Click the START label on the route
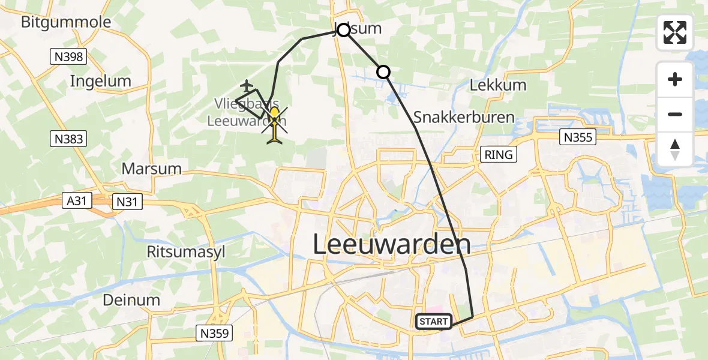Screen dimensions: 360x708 click(x=433, y=322)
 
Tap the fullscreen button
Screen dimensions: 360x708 click(x=675, y=32)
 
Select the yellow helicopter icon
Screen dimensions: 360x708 click(x=274, y=125)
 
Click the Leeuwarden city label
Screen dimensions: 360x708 click(x=392, y=244)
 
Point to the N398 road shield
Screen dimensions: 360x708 click(x=68, y=57)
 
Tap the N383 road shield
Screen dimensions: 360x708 click(x=68, y=139)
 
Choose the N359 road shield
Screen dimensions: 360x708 click(x=214, y=333)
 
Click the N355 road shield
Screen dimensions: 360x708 click(x=578, y=137)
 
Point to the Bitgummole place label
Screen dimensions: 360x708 click(x=66, y=23)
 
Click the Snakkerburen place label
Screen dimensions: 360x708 click(x=464, y=117)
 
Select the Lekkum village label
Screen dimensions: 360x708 click(x=497, y=85)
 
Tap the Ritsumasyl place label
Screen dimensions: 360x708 click(x=186, y=251)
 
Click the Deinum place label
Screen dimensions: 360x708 click(x=131, y=300)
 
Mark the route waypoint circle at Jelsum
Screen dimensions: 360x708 click(x=343, y=30)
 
